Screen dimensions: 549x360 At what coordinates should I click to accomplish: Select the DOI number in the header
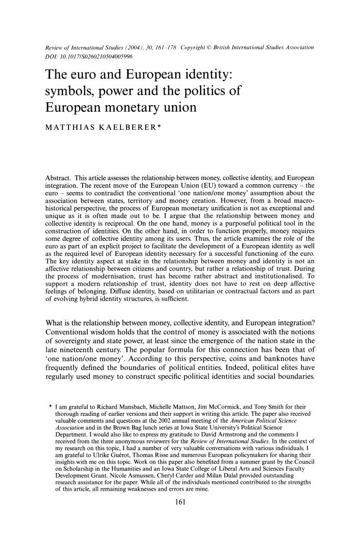(x=90, y=57)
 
